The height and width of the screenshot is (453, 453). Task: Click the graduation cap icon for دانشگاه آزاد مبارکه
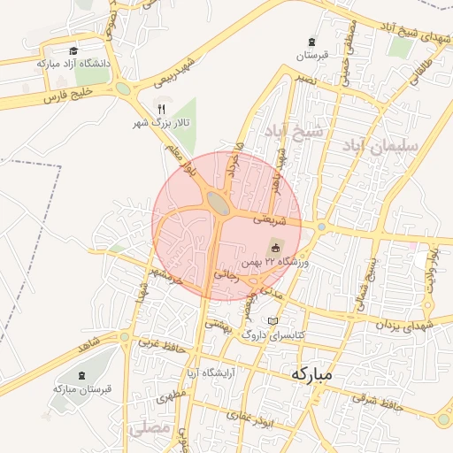[x=73, y=51]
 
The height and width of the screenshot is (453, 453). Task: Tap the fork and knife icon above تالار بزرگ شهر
[x=161, y=109]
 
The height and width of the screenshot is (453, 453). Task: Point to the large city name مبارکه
[x=312, y=373]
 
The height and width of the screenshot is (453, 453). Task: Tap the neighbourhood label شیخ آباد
[x=299, y=132]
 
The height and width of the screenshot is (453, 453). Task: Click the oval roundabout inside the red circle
[x=218, y=204]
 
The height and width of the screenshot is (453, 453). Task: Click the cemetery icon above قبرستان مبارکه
[x=83, y=376]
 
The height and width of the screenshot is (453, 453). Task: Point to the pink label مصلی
[x=149, y=427]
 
